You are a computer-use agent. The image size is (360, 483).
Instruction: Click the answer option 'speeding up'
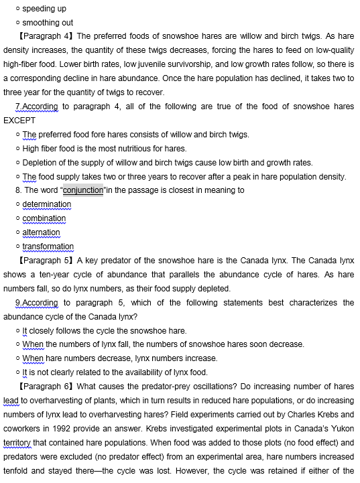tap(44, 9)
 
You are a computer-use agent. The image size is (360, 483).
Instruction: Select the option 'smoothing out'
tap(48, 23)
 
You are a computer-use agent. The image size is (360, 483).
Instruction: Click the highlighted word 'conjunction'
tap(84, 190)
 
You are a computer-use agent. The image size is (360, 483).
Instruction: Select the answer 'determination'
tap(47, 204)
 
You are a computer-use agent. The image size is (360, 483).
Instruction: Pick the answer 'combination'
tap(44, 218)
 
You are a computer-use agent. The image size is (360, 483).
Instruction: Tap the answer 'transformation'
tap(48, 247)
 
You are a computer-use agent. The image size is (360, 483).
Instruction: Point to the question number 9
tap(17, 302)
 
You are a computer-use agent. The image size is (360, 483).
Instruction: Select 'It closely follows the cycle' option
tap(105, 330)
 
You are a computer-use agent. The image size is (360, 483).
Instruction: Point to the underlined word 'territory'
tap(17, 443)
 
